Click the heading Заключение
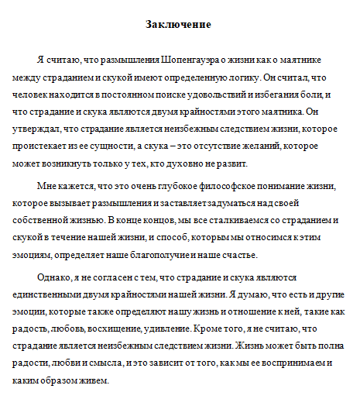tap(179, 24)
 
